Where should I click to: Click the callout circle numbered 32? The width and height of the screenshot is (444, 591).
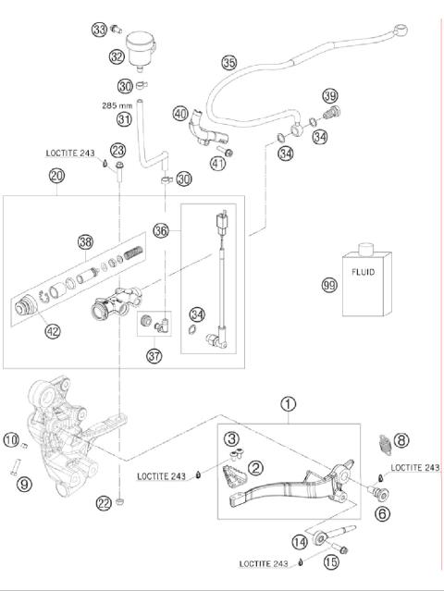(117, 56)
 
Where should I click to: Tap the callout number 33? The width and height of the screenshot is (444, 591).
(99, 30)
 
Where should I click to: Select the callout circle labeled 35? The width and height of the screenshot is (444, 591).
(229, 63)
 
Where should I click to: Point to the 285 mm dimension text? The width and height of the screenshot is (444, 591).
(118, 105)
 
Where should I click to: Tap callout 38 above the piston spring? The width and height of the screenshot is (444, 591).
(85, 241)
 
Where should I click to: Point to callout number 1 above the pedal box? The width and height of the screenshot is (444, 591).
(290, 404)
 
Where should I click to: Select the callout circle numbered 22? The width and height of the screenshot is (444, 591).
(104, 503)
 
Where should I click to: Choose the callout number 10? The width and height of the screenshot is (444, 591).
(10, 440)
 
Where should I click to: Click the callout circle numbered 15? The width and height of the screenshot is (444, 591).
(331, 562)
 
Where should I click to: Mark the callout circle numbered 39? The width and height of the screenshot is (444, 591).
(329, 97)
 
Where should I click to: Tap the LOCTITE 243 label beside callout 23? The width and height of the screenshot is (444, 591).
(69, 154)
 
